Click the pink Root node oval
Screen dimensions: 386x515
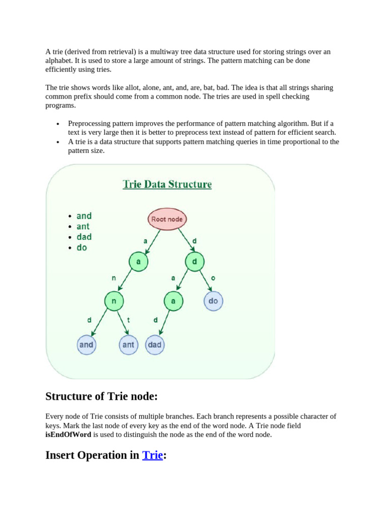(167, 219)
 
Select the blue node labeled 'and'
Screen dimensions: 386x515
(86, 345)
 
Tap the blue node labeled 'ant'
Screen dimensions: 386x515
(128, 345)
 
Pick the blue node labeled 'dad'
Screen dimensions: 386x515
(154, 345)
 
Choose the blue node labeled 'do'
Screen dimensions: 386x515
(213, 301)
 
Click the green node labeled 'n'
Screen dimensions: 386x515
(114, 301)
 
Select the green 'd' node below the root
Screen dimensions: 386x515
(194, 262)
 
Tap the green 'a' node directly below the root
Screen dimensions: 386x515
(138, 262)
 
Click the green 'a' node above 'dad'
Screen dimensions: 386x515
(173, 301)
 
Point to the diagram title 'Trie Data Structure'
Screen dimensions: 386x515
(167, 185)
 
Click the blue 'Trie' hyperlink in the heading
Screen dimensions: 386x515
(153, 455)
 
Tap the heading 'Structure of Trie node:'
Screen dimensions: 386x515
(102, 397)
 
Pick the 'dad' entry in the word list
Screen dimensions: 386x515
(84, 237)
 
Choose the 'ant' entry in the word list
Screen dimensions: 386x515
(83, 226)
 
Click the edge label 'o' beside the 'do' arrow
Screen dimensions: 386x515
(213, 278)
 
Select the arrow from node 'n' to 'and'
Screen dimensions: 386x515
(99, 323)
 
